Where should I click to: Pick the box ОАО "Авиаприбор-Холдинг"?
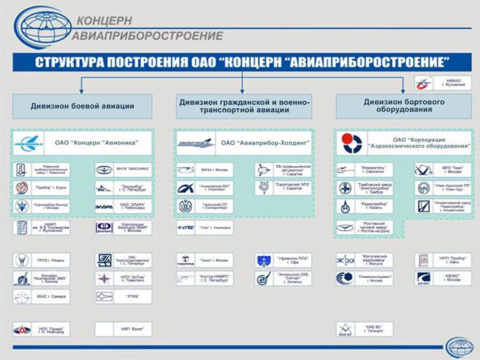point(241,143)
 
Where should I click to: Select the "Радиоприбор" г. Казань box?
point(361,207)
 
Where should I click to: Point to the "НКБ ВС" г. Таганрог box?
point(361,329)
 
